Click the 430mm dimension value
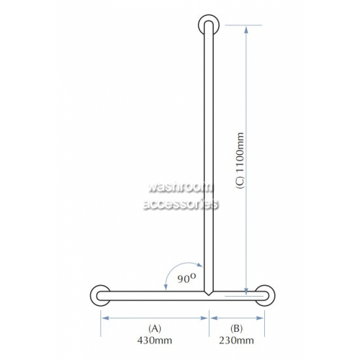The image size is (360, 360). pos(155,341)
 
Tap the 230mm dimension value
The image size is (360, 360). pos(236,341)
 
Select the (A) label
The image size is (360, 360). pos(155,328)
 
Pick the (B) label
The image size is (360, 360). pos(236,328)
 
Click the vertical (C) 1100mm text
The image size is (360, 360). pos(240,161)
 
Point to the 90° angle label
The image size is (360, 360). pos(186,279)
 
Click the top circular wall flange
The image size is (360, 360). pos(209,24)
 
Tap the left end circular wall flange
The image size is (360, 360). pos(100,295)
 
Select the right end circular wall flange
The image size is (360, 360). pos(265,295)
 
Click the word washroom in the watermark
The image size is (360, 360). pos(181,187)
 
